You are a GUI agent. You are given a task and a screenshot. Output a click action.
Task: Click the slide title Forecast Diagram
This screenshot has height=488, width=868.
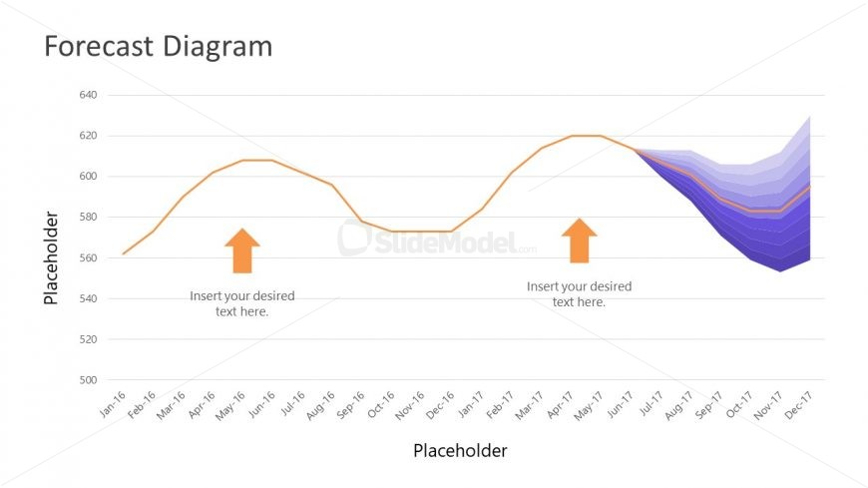(x=158, y=46)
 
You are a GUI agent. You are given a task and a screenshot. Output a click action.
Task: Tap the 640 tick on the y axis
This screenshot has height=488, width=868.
(x=87, y=95)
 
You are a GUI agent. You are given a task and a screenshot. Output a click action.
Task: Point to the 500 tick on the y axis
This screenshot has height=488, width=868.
(x=87, y=380)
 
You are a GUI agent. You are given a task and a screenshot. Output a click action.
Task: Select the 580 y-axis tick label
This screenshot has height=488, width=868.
(x=87, y=218)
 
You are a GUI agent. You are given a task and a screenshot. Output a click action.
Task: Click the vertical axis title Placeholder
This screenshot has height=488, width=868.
(x=51, y=257)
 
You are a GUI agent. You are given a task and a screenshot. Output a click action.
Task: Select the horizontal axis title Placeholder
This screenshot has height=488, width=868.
(x=460, y=450)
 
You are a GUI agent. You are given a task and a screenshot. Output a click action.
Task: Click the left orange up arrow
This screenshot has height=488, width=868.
(x=241, y=250)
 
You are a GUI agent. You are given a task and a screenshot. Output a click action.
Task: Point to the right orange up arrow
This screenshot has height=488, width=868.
(x=579, y=242)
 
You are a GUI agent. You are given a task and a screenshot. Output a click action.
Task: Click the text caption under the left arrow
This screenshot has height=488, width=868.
(x=241, y=303)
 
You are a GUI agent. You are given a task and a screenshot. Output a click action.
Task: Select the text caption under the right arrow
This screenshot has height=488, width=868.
(x=579, y=293)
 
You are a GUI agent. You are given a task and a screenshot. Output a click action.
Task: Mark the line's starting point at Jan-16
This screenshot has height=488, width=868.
(x=123, y=253)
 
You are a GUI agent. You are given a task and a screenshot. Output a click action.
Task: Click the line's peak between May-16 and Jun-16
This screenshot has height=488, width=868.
(x=256, y=160)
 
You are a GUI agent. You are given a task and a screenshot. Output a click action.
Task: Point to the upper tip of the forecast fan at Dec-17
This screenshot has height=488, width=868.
(x=809, y=117)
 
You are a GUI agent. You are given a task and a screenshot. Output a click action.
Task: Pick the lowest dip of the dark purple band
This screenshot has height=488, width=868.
(x=780, y=270)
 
